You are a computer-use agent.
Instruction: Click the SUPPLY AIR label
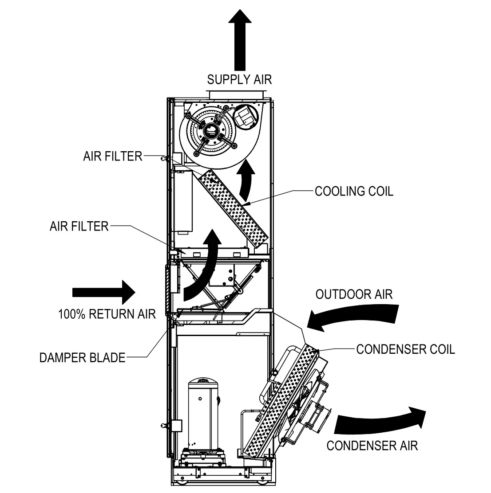239,80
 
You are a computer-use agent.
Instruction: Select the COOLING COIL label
354,191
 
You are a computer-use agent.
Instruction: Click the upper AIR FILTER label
113,157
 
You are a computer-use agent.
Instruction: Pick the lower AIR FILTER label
79,226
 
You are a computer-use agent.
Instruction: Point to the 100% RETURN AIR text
107,314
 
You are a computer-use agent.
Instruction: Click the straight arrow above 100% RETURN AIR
103,292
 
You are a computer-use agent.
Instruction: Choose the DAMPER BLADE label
83,357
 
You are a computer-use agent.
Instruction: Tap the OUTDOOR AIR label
354,294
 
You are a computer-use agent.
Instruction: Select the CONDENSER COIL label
406,349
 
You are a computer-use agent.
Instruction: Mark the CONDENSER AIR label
372,445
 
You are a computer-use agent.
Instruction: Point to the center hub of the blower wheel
210,132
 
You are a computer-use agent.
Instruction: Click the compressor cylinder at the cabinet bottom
204,412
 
